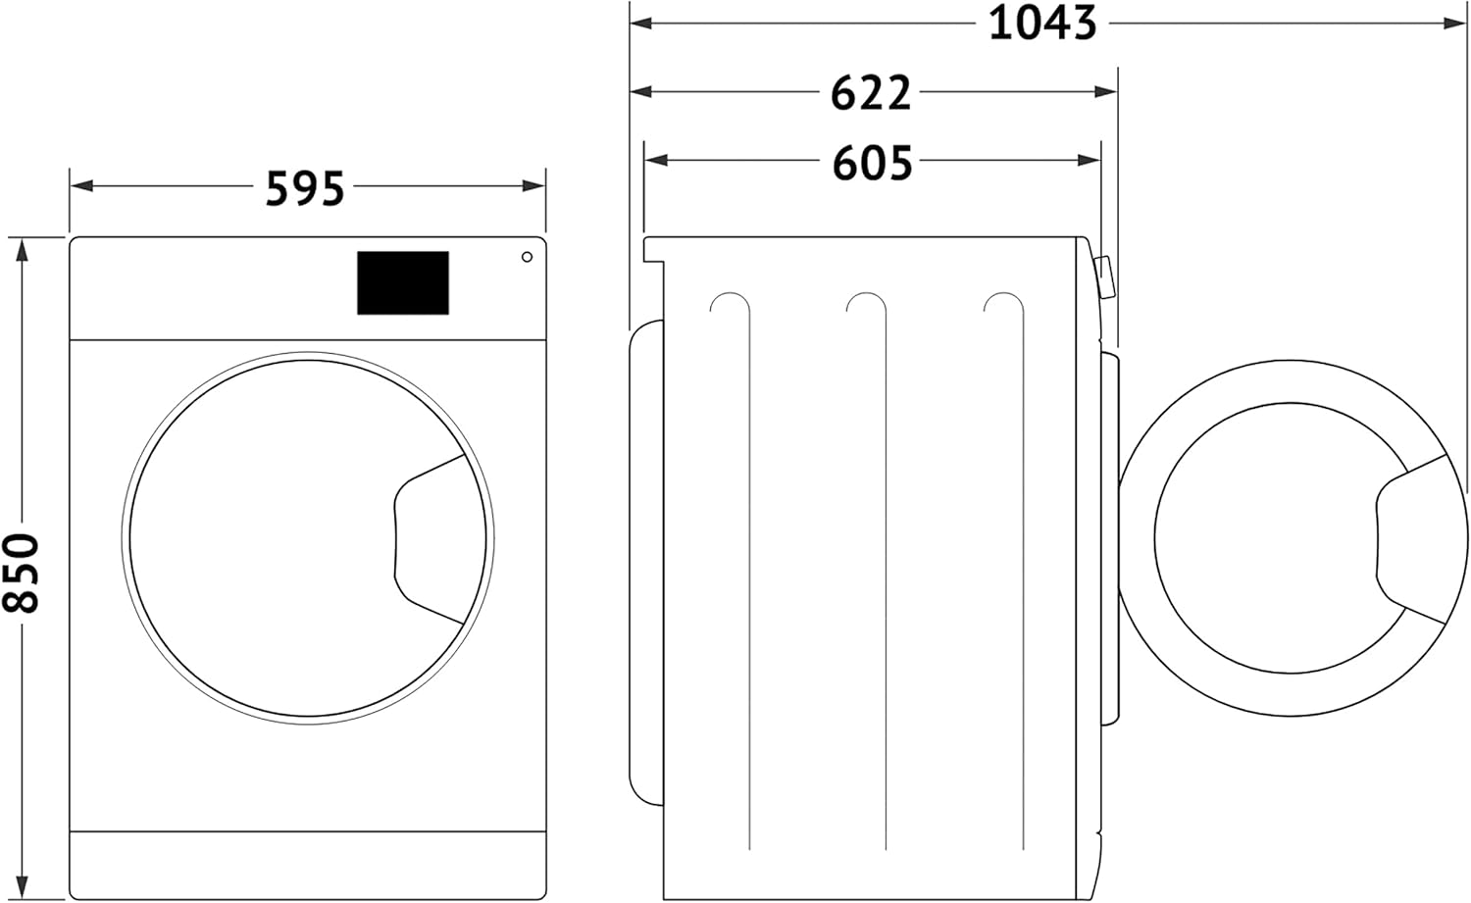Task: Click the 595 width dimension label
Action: coord(305,188)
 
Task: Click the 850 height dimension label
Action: coord(21,573)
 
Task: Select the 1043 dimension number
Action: coord(1042,24)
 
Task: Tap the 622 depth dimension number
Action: coord(871,93)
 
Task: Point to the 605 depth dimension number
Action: coord(872,163)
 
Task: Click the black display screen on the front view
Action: coord(403,282)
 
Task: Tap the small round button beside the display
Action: coord(527,257)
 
